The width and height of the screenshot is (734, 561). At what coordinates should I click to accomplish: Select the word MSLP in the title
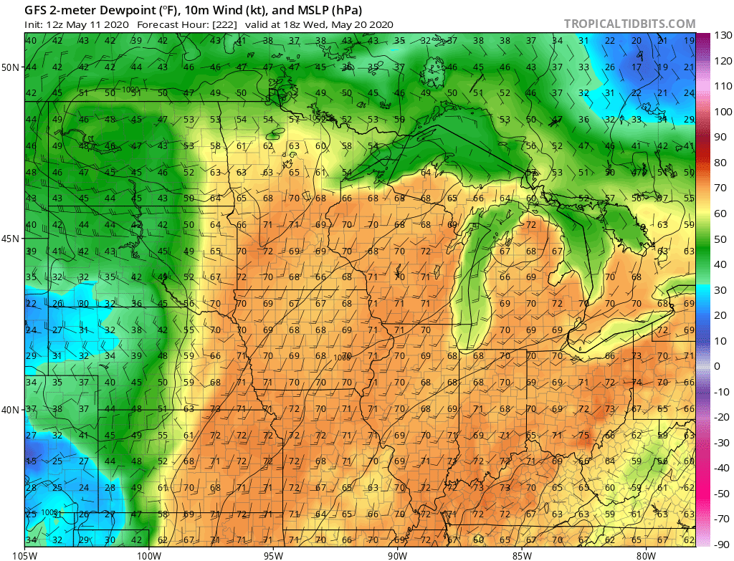click(x=298, y=11)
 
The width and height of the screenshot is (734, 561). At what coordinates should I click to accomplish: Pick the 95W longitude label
click(x=273, y=554)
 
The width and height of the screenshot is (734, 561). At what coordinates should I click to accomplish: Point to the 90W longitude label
click(x=397, y=554)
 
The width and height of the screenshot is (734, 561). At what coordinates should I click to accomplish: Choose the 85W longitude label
click(x=521, y=554)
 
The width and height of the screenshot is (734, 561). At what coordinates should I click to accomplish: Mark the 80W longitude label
click(x=645, y=554)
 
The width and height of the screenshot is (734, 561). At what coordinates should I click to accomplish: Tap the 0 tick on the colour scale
click(x=718, y=366)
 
